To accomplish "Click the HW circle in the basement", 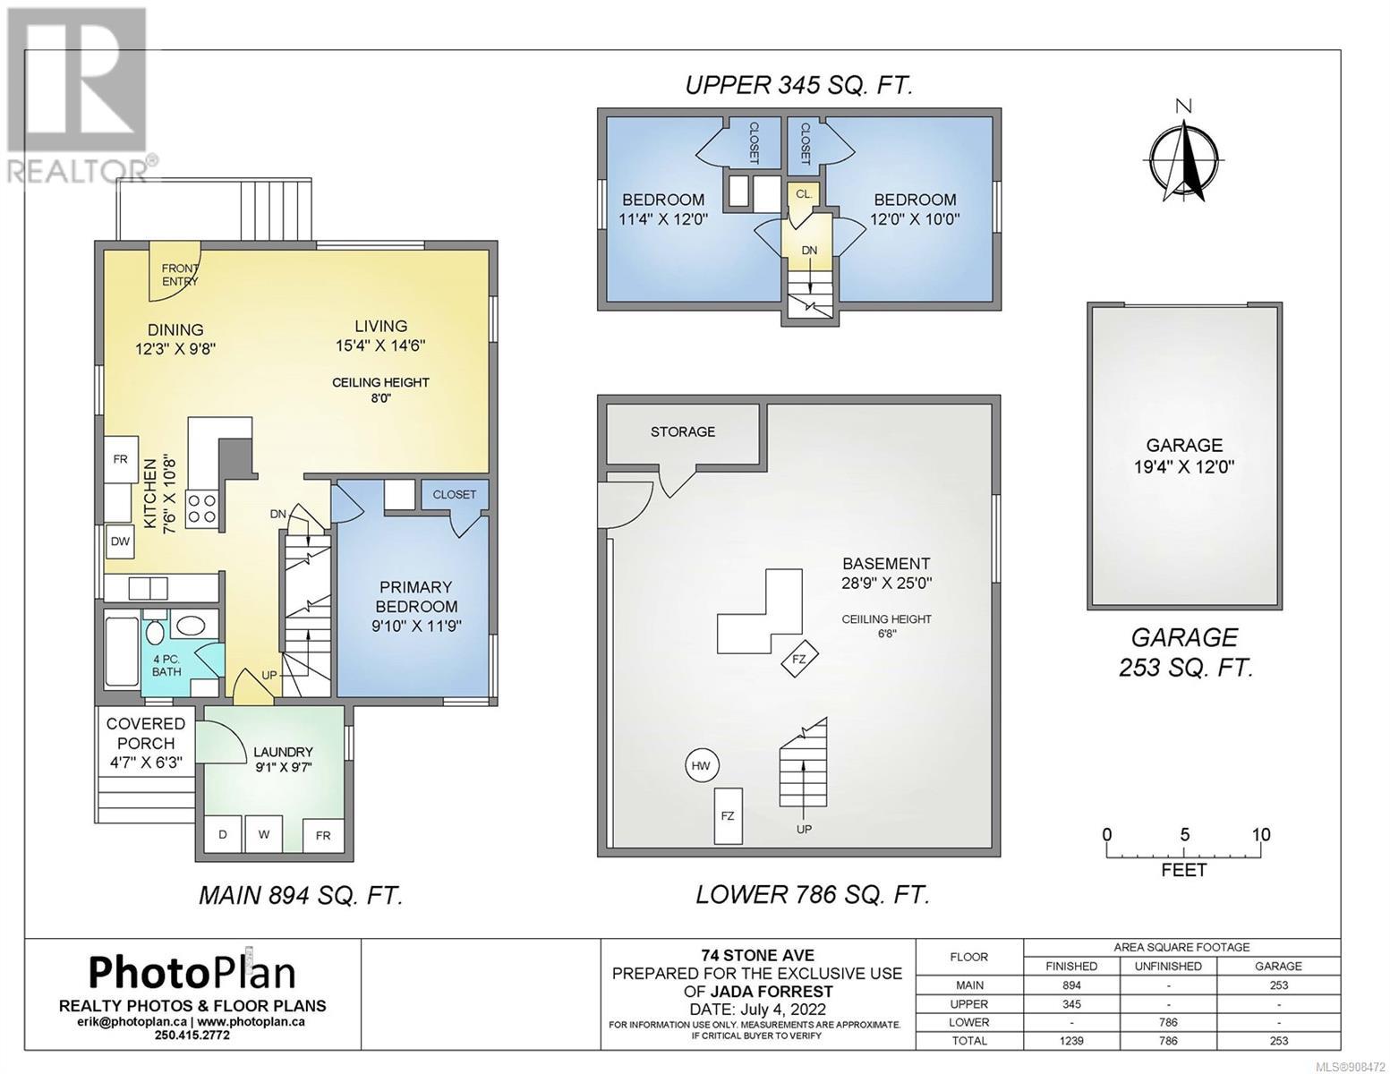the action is pos(701,766).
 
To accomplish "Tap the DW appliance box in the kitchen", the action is pos(120,541).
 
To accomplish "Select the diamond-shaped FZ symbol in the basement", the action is pos(799,658).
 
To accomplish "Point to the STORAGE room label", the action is pos(683,431).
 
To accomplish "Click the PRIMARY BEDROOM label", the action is pos(416,596).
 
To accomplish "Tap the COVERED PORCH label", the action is pos(146,733).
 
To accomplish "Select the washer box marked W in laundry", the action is pos(263,833).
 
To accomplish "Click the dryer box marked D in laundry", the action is pos(223,833).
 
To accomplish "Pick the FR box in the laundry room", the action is pos(323,835).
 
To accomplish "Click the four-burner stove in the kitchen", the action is pos(202,509).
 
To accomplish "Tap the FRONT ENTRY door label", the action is pos(180,275).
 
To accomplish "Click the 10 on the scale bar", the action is pos(1261,834).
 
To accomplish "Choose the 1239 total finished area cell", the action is pos(1070,1041).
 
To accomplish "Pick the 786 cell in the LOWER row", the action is pos(1167,1022).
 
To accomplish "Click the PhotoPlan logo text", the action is pos(192,973).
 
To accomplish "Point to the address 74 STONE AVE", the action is pos(757,956).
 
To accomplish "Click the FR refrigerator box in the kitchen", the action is pos(121,459).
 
